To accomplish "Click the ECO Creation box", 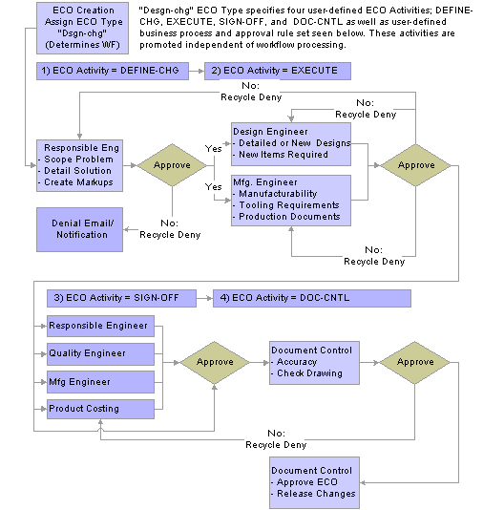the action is [82, 28].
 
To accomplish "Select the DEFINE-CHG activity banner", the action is [113, 71].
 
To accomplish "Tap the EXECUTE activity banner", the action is [278, 71].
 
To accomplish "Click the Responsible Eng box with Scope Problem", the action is [79, 165].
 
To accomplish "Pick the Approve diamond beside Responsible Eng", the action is [172, 165].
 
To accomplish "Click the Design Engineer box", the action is [291, 144].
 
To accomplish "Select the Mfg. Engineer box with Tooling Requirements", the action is [291, 201].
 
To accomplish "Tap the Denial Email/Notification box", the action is [79, 229].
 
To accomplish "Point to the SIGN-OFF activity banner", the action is [121, 298].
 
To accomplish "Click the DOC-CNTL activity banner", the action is [312, 298].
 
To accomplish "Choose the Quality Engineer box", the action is [100, 354].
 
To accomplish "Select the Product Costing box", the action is [100, 409].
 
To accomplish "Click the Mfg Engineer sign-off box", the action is [100, 382].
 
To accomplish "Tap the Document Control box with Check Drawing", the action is [314, 363].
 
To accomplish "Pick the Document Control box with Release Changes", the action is [314, 482].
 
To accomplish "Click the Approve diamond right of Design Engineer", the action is [416, 165].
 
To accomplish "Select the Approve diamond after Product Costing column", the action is [215, 362].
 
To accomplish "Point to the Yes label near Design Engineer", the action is [213, 149].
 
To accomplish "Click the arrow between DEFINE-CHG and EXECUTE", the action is [197, 71].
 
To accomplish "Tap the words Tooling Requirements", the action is [289, 205].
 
